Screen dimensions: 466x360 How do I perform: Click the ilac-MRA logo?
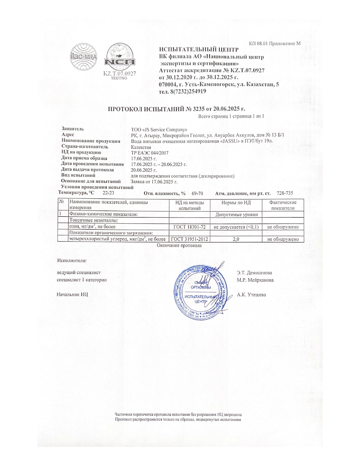coord(84,57)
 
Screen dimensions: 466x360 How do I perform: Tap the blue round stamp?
coord(201,292)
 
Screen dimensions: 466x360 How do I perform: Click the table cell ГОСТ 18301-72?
coord(189,227)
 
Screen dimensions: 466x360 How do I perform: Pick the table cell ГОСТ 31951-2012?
coord(189,239)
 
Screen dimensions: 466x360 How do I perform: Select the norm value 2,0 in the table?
coord(236,239)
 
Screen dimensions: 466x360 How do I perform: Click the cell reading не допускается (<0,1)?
coord(236,227)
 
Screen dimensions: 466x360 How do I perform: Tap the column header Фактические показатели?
coord(283,205)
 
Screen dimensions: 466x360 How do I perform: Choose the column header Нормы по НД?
coord(236,202)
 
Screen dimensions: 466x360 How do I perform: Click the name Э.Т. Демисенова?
coord(254,273)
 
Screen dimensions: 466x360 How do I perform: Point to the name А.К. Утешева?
coord(251,295)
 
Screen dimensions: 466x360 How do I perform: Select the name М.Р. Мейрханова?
coord(255,280)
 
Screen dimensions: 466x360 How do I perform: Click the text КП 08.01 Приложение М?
coord(274,43)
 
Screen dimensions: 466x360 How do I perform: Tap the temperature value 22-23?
coord(108,193)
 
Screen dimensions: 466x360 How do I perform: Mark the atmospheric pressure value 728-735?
coord(285,193)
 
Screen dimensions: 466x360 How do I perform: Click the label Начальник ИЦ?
coord(72,295)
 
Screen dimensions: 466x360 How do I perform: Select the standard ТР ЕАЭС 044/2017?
coord(150,153)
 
